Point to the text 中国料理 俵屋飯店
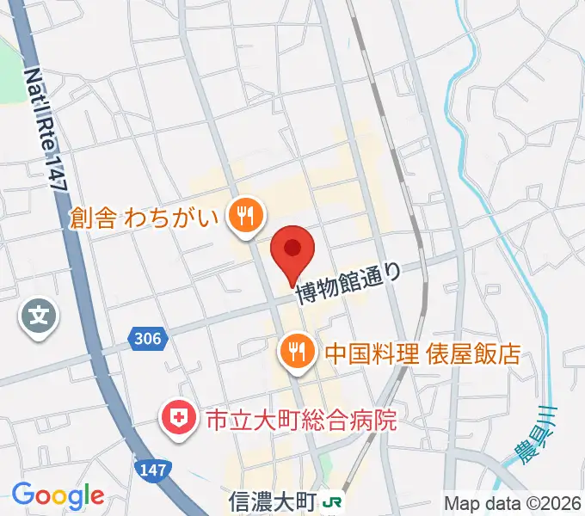pyautogui.click(x=422, y=353)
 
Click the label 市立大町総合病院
pyautogui.click(x=300, y=421)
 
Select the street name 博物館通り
pyautogui.click(x=348, y=285)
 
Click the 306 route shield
pyautogui.click(x=148, y=339)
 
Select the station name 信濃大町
pyautogui.click(x=269, y=499)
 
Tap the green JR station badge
pyautogui.click(x=331, y=500)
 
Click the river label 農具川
pyautogui.click(x=542, y=435)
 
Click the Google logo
pyautogui.click(x=58, y=495)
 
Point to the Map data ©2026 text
pyautogui.click(x=513, y=502)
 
